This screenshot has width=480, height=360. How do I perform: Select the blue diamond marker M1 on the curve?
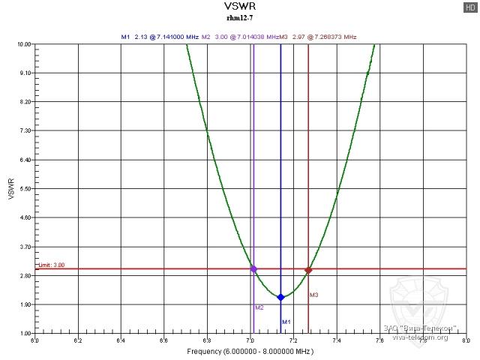pos(280,297)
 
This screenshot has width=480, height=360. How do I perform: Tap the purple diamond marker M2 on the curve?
pos(253,268)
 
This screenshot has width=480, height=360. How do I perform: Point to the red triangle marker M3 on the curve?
pos(308,270)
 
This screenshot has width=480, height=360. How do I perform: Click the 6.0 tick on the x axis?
pos(34,340)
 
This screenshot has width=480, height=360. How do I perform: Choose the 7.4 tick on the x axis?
pos(337,340)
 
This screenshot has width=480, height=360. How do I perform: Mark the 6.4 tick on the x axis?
pos(121,340)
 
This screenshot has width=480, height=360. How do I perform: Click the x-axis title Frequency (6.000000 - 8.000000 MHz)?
pos(250,351)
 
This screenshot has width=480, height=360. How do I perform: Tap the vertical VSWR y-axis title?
pos(10,188)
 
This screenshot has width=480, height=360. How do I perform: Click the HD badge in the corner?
pos(469,7)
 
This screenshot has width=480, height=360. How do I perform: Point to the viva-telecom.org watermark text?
pos(421,337)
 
